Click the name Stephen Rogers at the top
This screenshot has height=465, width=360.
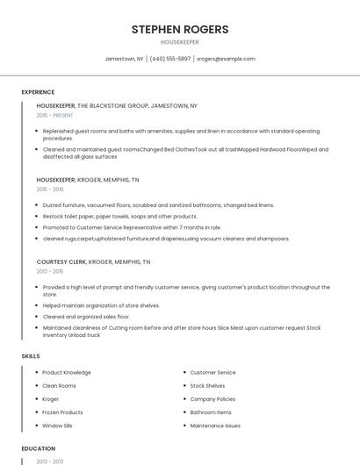point(180,29)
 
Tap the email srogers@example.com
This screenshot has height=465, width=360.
point(226,59)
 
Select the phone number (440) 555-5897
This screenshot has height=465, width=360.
point(170,59)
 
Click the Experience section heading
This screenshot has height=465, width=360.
point(38,92)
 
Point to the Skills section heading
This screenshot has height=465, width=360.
point(31,356)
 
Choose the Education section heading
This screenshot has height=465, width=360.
point(38,448)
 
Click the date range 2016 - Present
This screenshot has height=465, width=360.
point(55,115)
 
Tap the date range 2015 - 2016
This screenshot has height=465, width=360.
point(50,189)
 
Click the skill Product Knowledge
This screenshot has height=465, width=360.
point(67,373)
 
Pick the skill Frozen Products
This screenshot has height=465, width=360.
point(62,412)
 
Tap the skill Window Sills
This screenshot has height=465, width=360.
point(58,426)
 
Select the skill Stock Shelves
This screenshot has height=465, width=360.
point(207,386)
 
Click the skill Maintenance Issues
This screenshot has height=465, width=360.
point(215,426)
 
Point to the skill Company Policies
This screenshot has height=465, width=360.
point(213,399)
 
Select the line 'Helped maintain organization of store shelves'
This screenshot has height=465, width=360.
point(101,305)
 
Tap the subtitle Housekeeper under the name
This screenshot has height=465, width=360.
point(180,42)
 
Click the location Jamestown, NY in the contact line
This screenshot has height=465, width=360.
point(125,59)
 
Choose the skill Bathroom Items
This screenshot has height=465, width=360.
point(211,412)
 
